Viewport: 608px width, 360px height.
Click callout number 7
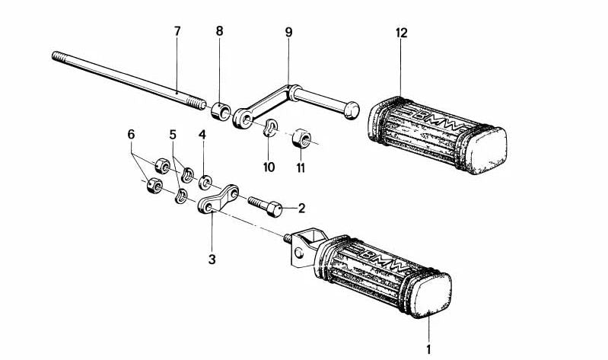coord(177,31)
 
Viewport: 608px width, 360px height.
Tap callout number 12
coord(401,33)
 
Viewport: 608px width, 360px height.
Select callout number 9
coord(288,32)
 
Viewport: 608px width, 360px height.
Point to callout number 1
coord(428,349)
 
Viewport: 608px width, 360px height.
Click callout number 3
coord(212,259)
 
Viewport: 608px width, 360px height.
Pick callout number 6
coord(131,134)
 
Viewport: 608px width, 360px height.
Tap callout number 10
coord(268,166)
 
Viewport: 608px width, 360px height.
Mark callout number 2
coord(301,207)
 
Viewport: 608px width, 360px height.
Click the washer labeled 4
coord(205,183)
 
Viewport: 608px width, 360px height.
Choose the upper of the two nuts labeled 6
coord(161,164)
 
